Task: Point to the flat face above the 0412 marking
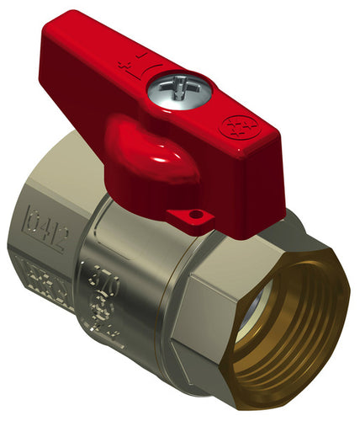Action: pyautogui.click(x=59, y=181)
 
